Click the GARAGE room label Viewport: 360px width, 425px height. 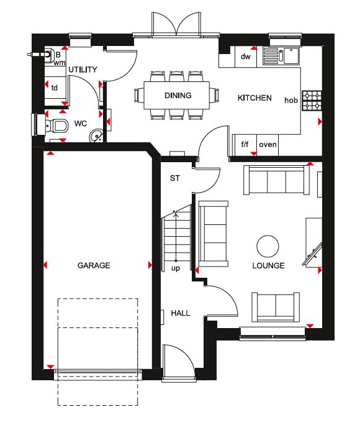94,265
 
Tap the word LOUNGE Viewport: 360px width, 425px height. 268,266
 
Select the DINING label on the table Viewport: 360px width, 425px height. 178,96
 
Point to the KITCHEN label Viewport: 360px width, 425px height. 254,98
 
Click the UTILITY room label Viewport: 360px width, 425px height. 83,70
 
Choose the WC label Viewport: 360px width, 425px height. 81,124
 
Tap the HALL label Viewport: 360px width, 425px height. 180,313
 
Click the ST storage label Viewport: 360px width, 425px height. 174,178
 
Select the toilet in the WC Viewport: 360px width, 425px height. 56,126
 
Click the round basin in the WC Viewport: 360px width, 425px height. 96,135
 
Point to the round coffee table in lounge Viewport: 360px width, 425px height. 268,246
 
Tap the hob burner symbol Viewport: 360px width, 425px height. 312,101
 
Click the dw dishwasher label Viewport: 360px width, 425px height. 246,57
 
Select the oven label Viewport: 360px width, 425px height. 268,145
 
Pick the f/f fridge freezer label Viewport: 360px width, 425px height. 245,144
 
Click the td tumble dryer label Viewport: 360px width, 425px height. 55,88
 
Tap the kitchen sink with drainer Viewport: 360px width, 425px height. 281,55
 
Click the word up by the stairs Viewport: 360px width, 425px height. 176,268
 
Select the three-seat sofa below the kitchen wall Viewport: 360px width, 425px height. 276,180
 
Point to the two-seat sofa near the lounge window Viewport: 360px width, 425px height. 276,307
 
